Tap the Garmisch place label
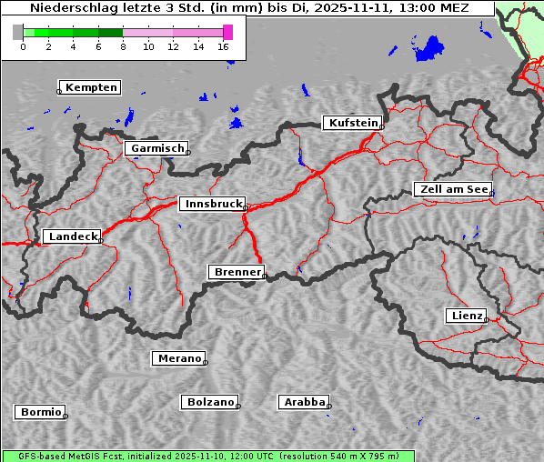[x=156, y=148]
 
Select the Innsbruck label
[x=212, y=205]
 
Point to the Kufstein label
[x=353, y=123]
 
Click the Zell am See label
[x=453, y=189]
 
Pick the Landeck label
[x=72, y=236]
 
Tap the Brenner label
[x=237, y=272]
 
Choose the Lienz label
[x=465, y=316]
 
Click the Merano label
[x=178, y=358]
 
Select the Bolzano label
[x=210, y=402]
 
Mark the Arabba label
[x=304, y=402]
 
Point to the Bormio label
[x=41, y=412]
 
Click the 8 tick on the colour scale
[x=123, y=45]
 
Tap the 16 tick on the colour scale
[x=223, y=45]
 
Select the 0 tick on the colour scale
[x=23, y=45]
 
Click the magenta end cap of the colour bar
[x=227, y=32]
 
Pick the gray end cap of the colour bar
[x=18, y=32]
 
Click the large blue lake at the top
[x=431, y=49]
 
